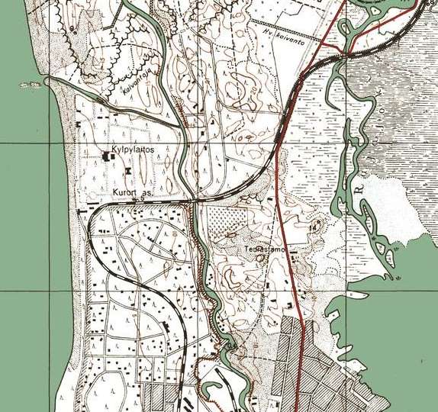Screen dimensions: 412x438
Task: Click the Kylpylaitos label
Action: (134, 151)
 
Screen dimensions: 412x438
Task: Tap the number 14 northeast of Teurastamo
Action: (313, 227)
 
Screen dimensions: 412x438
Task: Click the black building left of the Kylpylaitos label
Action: (108, 156)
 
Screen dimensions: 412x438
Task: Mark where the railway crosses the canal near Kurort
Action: (192, 201)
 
